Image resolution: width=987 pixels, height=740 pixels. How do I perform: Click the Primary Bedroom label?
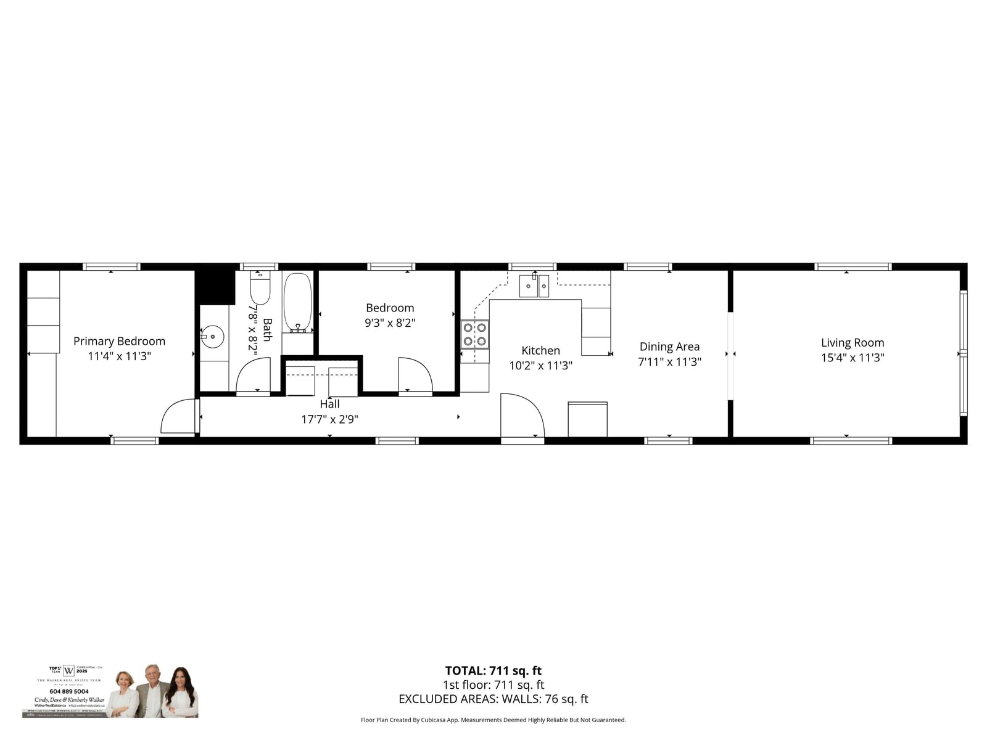click(x=119, y=341)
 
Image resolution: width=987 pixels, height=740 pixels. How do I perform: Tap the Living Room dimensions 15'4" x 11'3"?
click(x=853, y=358)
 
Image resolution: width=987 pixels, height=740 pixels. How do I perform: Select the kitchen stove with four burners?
click(x=474, y=334)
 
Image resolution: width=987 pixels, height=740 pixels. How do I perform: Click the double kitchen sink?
click(x=534, y=286)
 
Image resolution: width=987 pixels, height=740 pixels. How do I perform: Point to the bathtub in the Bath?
click(x=297, y=302)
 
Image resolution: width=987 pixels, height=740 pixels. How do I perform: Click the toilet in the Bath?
click(x=260, y=289)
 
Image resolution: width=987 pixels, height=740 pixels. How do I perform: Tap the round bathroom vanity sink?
click(x=212, y=337)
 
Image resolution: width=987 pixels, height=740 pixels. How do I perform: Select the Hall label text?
click(x=329, y=405)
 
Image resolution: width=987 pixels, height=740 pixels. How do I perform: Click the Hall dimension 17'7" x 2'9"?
click(x=329, y=419)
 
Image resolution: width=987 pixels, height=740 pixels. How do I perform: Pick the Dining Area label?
click(x=669, y=347)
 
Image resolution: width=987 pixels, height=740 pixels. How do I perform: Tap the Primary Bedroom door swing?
click(x=178, y=416)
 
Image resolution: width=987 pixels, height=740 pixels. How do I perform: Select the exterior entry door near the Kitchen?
click(x=521, y=416)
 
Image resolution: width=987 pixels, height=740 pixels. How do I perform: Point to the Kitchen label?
click(x=540, y=350)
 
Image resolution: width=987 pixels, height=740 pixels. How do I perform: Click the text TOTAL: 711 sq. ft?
click(x=493, y=671)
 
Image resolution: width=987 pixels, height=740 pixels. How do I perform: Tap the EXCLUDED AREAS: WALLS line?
click(x=493, y=699)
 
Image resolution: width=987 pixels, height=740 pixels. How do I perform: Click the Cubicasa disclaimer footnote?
click(x=493, y=720)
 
